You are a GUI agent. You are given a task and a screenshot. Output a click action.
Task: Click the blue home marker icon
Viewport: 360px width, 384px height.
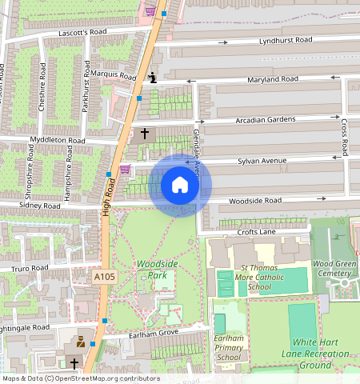coord(180,186)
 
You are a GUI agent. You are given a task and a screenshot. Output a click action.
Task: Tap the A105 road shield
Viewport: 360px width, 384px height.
coord(103,277)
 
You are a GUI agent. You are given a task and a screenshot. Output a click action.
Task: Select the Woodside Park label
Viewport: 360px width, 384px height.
coord(151,269)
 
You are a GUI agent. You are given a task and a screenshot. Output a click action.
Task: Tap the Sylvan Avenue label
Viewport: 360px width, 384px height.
coord(262,161)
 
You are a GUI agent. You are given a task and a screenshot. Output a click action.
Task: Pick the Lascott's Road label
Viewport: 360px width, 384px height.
coord(83,33)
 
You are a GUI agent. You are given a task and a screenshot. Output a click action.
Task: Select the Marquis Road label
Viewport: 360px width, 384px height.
coord(114,75)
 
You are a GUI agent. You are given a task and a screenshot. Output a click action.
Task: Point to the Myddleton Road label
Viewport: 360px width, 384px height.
coord(57,140)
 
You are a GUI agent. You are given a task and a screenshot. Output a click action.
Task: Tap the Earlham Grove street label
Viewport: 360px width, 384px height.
coord(154,334)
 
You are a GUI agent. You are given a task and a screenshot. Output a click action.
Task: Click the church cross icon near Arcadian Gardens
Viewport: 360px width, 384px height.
coord(145,134)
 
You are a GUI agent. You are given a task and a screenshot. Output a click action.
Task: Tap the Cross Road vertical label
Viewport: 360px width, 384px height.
coord(345,137)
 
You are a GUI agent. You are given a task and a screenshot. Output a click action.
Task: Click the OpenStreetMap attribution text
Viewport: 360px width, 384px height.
coord(81,378)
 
